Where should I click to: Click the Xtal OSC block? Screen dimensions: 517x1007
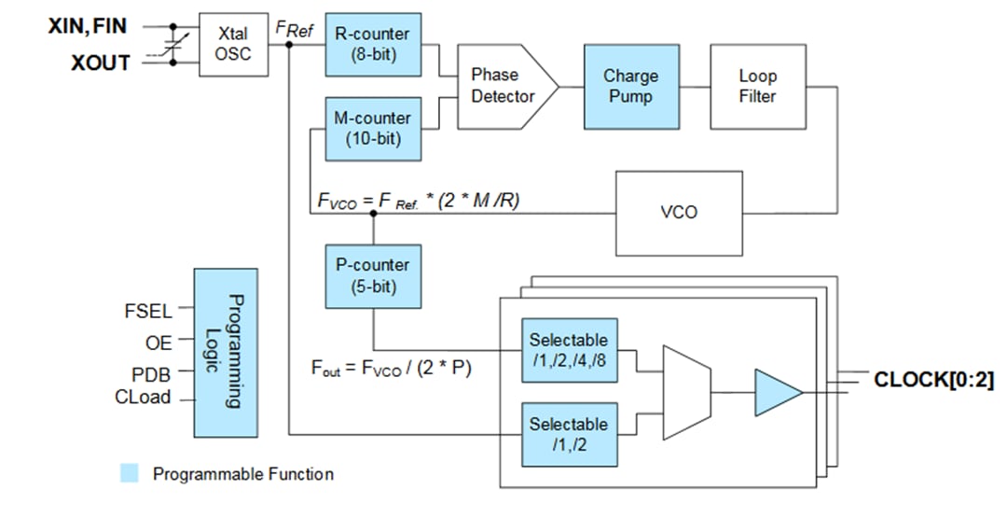pyautogui.click(x=233, y=45)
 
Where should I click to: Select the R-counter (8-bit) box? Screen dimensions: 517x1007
pyautogui.click(x=373, y=44)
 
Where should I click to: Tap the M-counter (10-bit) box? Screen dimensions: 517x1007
pyautogui.click(x=373, y=128)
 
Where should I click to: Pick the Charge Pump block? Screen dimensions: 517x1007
pyautogui.click(x=631, y=86)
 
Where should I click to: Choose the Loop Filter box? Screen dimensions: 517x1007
pyautogui.click(x=757, y=86)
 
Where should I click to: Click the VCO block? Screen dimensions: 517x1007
pyautogui.click(x=679, y=213)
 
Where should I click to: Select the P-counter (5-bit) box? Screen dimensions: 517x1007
pyautogui.click(x=373, y=276)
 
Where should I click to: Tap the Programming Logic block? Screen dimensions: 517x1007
pyautogui.click(x=225, y=353)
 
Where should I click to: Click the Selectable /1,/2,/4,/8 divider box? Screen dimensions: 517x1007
pyautogui.click(x=569, y=350)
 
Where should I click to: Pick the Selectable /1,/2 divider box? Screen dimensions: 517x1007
pyautogui.click(x=569, y=434)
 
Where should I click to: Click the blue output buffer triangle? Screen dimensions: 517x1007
pyautogui.click(x=776, y=392)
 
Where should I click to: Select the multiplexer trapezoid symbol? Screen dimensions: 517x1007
pyautogui.click(x=686, y=392)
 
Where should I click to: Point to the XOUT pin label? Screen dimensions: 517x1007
pyautogui.click(x=100, y=63)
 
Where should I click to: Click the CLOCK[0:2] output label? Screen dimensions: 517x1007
pyautogui.click(x=932, y=380)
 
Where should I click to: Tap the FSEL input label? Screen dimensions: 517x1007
pyautogui.click(x=148, y=311)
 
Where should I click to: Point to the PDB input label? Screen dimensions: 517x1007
pyautogui.click(x=151, y=374)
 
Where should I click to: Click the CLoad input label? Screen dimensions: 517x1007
pyautogui.click(x=143, y=398)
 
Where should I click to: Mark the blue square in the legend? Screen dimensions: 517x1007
pyautogui.click(x=131, y=474)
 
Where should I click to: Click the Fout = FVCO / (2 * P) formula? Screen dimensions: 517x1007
pyautogui.click(x=392, y=368)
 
